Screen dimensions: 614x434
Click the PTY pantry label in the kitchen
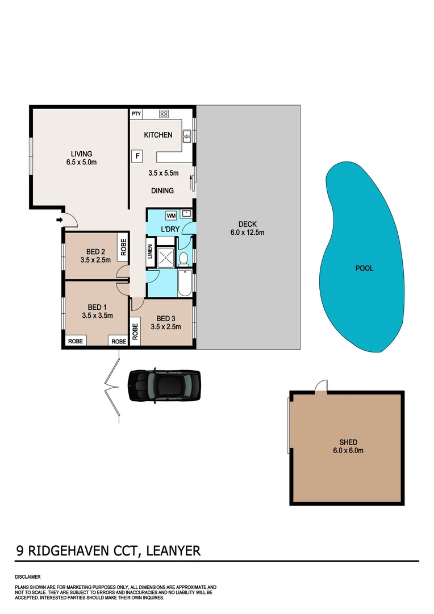136,114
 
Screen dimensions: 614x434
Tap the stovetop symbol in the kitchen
164,114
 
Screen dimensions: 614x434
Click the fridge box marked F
137,156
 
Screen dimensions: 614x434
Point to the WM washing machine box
171,215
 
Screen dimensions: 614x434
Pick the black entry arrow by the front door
59,219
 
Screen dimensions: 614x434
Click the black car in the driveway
164,385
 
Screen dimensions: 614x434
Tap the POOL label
364,268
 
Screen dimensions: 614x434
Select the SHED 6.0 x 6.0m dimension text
347,451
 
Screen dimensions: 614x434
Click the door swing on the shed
322,386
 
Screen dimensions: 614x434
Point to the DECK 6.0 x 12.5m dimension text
247,233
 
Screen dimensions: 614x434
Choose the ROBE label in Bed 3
135,331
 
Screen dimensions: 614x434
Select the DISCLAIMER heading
28,576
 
